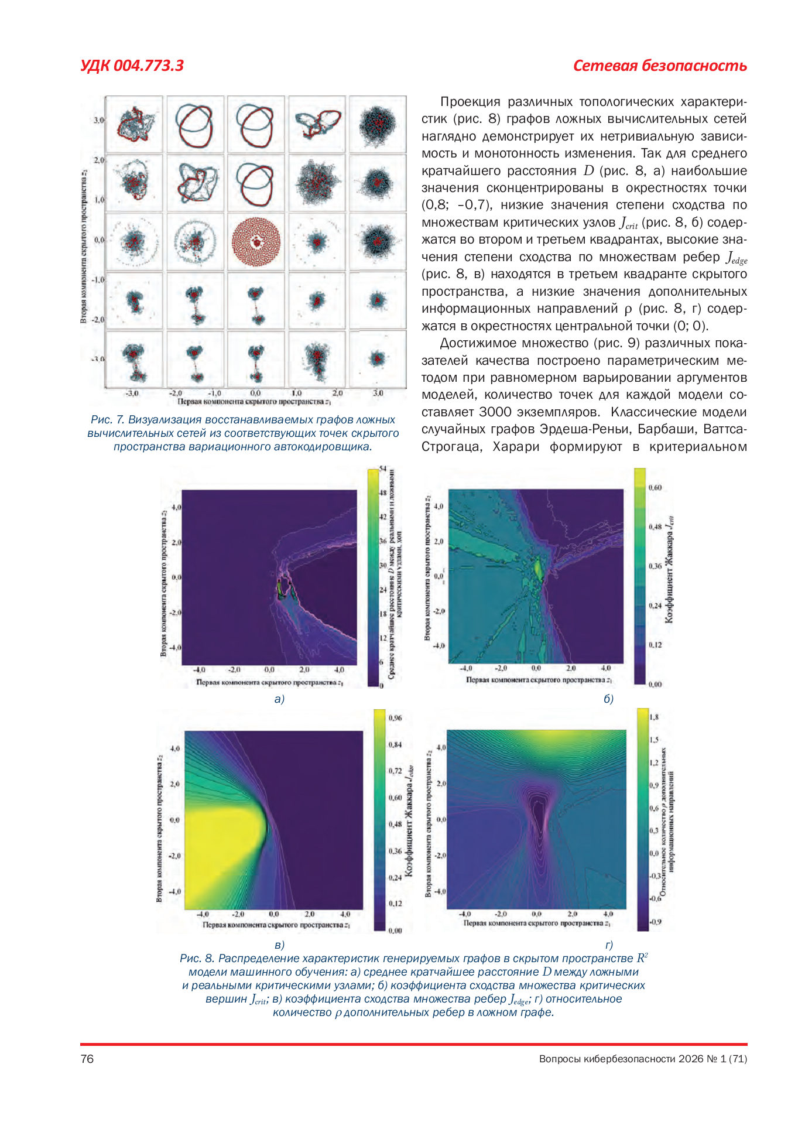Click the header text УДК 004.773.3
pos(132,66)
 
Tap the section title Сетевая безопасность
pos(659,66)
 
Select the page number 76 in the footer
pos(87,1058)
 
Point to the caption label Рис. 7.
pos(107,420)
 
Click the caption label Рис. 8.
pos(197,958)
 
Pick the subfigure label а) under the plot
pos(279,699)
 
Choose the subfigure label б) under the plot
pos(608,699)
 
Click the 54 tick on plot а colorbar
pos(382,469)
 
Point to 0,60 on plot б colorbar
pos(655,487)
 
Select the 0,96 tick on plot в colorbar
pos(395,718)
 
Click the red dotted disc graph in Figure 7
pos(256,241)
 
